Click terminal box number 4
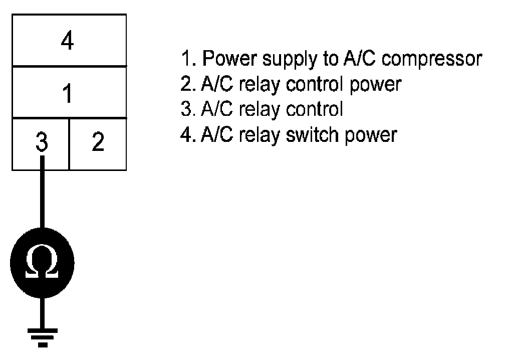click(x=68, y=41)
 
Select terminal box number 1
click(x=68, y=93)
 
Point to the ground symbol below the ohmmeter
click(x=43, y=336)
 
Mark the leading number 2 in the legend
click(x=185, y=84)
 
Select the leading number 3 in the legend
click(x=185, y=109)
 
